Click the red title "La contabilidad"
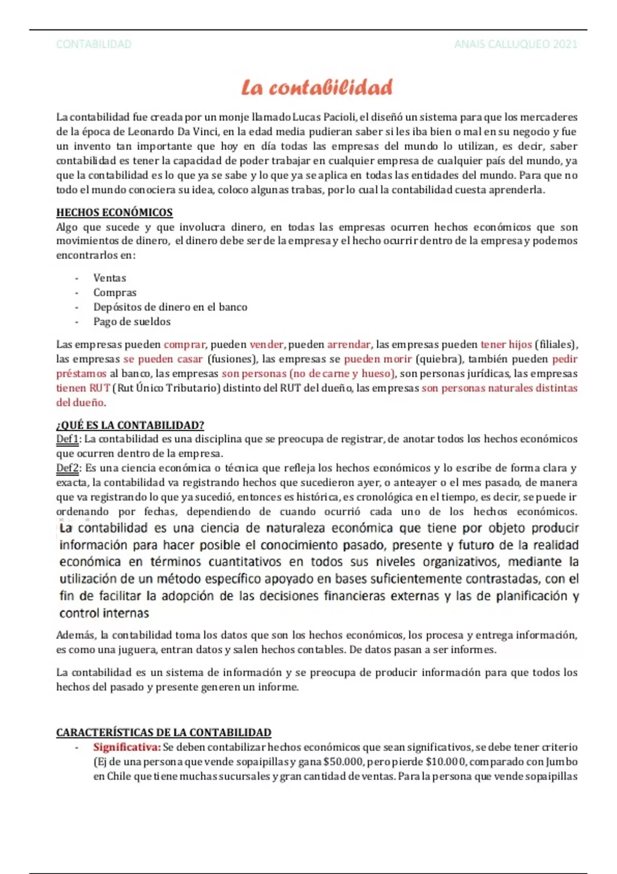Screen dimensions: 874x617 pyautogui.click(x=317, y=87)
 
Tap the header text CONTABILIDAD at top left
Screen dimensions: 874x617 pyautogui.click(x=94, y=44)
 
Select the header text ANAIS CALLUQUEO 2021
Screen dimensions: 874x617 pyautogui.click(x=515, y=44)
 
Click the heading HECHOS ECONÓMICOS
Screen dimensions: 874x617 pyautogui.click(x=114, y=212)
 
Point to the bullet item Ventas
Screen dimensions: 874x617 pyautogui.click(x=110, y=278)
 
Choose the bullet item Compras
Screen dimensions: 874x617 pyautogui.click(x=115, y=293)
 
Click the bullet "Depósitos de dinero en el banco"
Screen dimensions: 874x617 pyautogui.click(x=170, y=307)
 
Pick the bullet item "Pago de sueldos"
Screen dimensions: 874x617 pyautogui.click(x=132, y=322)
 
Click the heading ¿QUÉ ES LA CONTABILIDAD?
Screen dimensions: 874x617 pyautogui.click(x=130, y=425)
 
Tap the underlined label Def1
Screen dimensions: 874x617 pyautogui.click(x=67, y=439)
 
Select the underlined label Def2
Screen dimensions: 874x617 pyautogui.click(x=68, y=468)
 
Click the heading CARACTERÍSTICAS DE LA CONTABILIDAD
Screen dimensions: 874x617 pyautogui.click(x=164, y=732)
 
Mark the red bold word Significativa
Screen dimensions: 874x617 pyautogui.click(x=126, y=747)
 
